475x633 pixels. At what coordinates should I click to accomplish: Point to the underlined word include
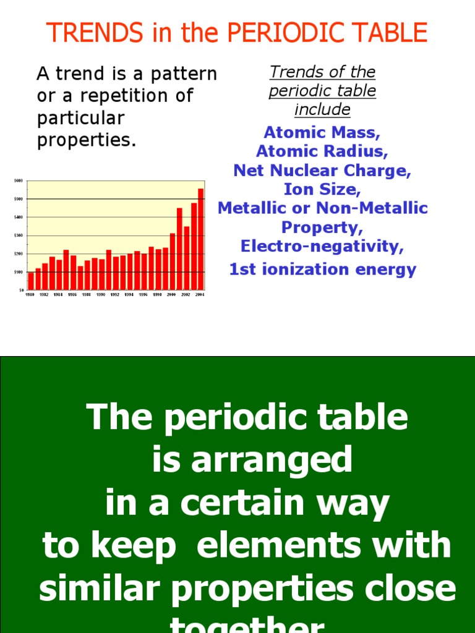click(322, 110)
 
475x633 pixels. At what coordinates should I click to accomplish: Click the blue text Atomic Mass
click(322, 132)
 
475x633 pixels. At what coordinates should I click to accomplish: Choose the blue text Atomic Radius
click(322, 151)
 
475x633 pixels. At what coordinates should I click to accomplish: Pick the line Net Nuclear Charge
click(322, 170)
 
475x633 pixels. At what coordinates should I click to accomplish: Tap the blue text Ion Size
click(322, 189)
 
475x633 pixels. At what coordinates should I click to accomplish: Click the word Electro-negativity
click(322, 246)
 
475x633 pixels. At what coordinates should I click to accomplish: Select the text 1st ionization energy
click(322, 270)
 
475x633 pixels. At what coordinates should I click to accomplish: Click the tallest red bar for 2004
click(200, 239)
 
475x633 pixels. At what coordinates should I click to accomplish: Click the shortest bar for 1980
click(32, 281)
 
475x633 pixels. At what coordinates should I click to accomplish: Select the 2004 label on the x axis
click(199, 295)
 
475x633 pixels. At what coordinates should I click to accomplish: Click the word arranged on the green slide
click(288, 461)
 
